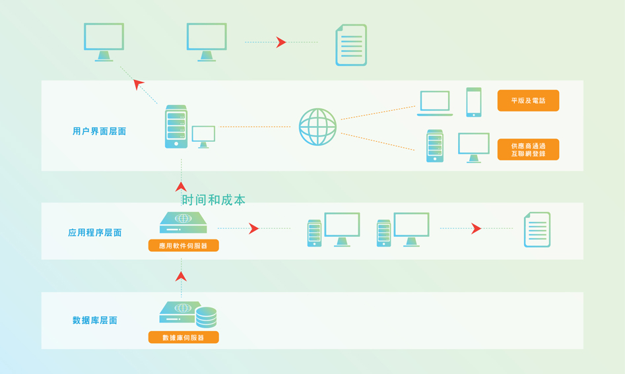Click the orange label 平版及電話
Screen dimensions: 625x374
click(x=528, y=100)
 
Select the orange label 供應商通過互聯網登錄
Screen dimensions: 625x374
click(x=528, y=149)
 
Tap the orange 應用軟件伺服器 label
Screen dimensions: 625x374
click(x=183, y=245)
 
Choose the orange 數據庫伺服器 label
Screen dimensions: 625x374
click(x=183, y=337)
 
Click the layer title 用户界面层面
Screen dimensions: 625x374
click(x=99, y=131)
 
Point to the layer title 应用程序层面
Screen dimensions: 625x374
click(x=95, y=233)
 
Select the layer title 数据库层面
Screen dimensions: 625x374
click(x=95, y=320)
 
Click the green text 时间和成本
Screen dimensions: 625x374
click(x=214, y=200)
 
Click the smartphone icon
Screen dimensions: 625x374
click(x=474, y=102)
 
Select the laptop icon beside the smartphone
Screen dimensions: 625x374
click(x=435, y=103)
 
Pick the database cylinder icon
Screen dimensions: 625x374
click(x=206, y=317)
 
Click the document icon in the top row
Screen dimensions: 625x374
click(x=351, y=45)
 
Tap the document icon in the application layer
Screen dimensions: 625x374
click(x=537, y=230)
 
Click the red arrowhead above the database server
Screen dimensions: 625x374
click(x=181, y=276)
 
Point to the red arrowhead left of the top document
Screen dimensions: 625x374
click(x=281, y=42)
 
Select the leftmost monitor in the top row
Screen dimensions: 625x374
click(x=104, y=42)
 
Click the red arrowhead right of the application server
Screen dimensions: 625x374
click(x=254, y=228)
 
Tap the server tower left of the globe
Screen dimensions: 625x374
click(x=176, y=127)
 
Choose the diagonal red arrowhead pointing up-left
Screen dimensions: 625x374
click(x=138, y=84)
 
